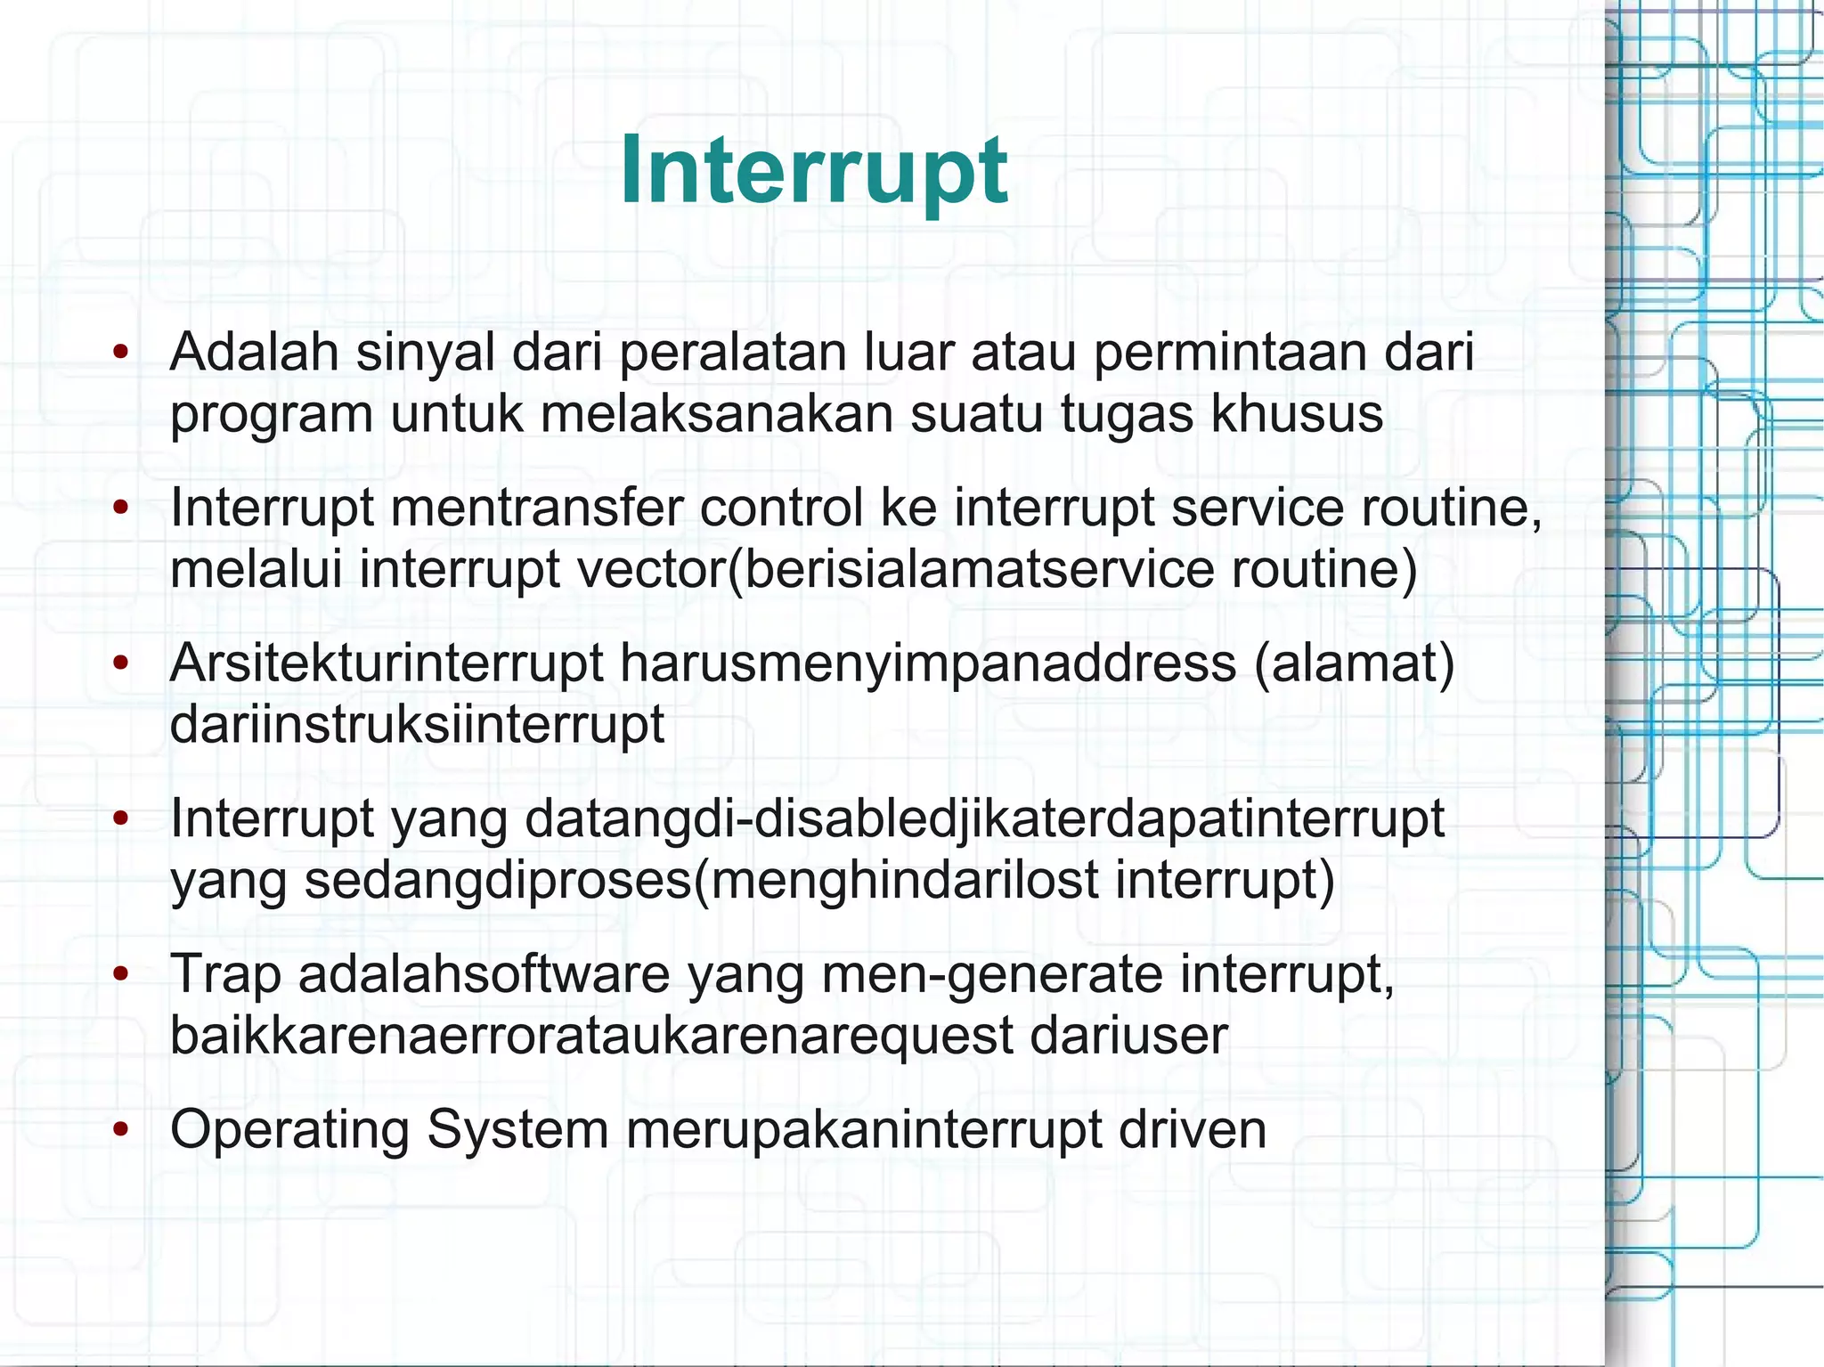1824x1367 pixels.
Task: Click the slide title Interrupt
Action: tap(813, 170)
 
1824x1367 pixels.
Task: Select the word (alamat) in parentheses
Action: tap(1355, 663)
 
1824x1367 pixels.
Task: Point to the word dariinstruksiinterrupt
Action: tap(417, 724)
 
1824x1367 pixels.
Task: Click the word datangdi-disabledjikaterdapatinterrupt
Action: tap(984, 818)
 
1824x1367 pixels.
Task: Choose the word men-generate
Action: tap(991, 974)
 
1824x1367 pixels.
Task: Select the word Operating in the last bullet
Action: tap(289, 1130)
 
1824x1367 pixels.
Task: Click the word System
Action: tap(517, 1130)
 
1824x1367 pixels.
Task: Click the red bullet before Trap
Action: tap(121, 973)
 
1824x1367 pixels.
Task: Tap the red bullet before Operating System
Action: tap(121, 1129)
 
